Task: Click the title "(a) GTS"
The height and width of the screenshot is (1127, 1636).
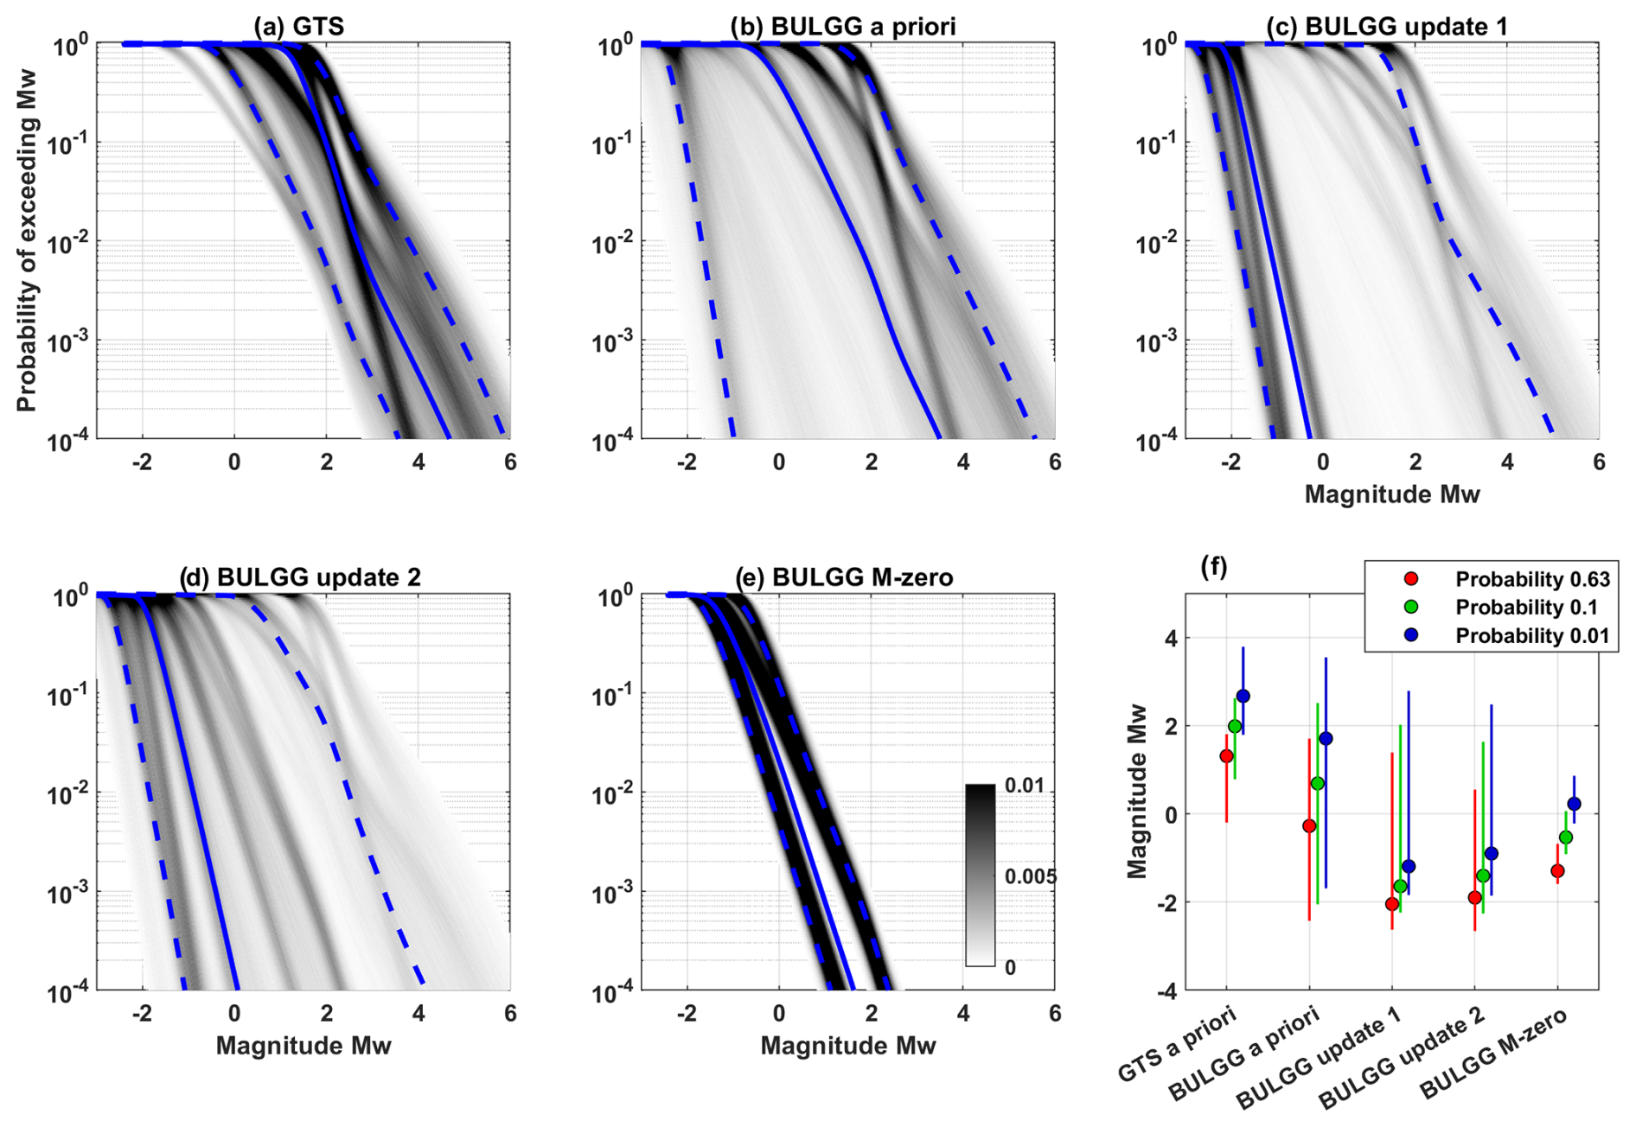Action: tap(298, 26)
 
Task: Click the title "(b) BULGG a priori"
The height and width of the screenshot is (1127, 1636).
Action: tap(843, 26)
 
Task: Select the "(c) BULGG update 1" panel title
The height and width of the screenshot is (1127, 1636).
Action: tap(1387, 26)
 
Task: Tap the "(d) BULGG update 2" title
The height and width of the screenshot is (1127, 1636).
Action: tap(300, 577)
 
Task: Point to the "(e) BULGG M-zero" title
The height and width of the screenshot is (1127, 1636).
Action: tap(844, 577)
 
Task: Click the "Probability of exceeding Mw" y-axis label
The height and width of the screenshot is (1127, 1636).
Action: tap(28, 239)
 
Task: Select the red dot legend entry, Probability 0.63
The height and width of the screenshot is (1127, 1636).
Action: tap(1411, 579)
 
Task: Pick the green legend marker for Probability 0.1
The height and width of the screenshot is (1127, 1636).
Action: tap(1411, 608)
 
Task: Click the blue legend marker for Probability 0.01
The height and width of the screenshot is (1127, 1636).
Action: tap(1411, 635)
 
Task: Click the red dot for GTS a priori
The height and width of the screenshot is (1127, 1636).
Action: tap(1226, 756)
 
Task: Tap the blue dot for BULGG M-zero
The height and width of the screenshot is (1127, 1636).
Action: tap(1574, 804)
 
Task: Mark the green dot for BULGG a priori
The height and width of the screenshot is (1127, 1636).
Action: tap(1317, 783)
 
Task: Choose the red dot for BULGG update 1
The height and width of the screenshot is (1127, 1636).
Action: tap(1391, 904)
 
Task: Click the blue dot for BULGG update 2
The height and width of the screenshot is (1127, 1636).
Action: tap(1491, 854)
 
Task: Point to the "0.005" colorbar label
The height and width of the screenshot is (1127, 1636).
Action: tap(1030, 876)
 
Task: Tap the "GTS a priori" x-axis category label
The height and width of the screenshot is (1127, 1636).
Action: tap(1178, 1044)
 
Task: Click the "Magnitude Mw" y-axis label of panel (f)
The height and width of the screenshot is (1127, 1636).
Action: tap(1137, 791)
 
